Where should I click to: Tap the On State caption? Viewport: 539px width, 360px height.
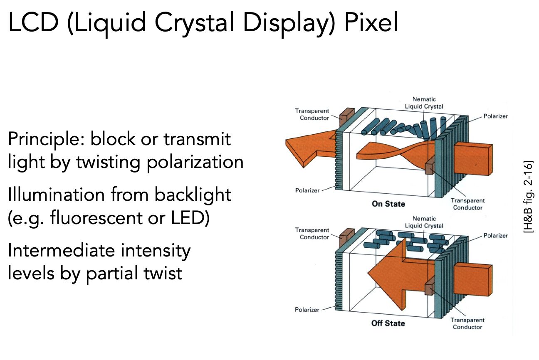pos(388,204)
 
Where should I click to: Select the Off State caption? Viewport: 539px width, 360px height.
pos(388,323)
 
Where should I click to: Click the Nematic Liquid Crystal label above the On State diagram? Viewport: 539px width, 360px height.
pos(424,103)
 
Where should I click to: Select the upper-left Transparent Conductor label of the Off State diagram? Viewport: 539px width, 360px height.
pos(312,234)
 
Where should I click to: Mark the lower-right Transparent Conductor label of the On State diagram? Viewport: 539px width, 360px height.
pos(467,204)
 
